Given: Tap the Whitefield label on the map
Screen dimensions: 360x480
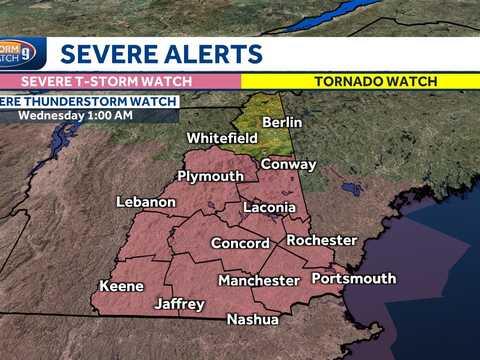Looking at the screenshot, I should [x=223, y=138].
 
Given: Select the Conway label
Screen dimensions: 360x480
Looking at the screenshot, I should [x=288, y=164].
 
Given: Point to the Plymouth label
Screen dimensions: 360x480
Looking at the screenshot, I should [x=210, y=176].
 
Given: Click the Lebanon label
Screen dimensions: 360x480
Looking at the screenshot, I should [x=146, y=202].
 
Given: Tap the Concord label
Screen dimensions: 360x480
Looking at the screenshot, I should [x=240, y=243].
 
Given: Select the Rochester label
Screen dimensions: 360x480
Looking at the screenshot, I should [x=321, y=240].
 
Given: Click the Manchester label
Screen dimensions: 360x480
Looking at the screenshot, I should [x=259, y=280].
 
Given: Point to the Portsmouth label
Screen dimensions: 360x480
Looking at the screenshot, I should [x=353, y=278].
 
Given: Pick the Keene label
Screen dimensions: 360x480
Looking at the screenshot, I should [x=121, y=286].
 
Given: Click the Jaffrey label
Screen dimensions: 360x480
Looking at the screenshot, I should [x=180, y=303].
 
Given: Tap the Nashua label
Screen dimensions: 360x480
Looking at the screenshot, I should [x=252, y=320].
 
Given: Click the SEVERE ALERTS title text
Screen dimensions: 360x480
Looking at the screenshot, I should [x=161, y=53].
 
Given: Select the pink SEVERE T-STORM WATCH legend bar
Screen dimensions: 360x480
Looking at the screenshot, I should [x=120, y=78].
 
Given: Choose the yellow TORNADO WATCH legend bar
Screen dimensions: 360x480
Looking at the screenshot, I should [x=360, y=78].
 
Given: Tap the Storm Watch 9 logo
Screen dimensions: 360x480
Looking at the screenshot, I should [x=19, y=51].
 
